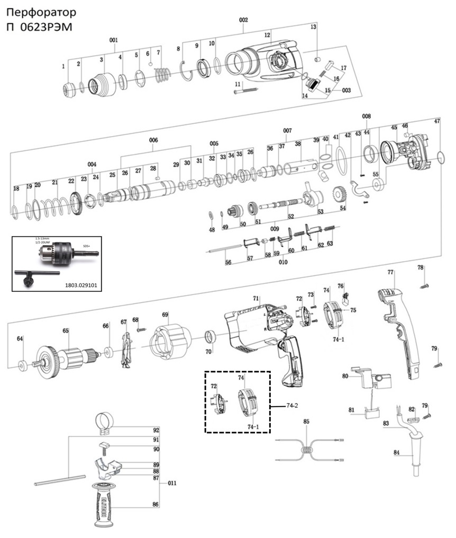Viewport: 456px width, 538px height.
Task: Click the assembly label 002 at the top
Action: click(243, 20)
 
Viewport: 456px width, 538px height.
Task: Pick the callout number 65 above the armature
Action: click(66, 330)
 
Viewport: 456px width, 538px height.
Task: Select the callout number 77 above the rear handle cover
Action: click(390, 273)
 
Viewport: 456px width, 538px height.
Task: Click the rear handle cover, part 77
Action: click(399, 328)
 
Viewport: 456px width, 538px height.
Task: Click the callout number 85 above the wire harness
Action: click(306, 422)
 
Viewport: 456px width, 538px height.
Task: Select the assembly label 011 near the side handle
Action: click(172, 483)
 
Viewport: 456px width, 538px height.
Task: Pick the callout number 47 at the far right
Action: click(437, 121)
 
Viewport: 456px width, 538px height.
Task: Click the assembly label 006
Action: click(153, 140)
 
